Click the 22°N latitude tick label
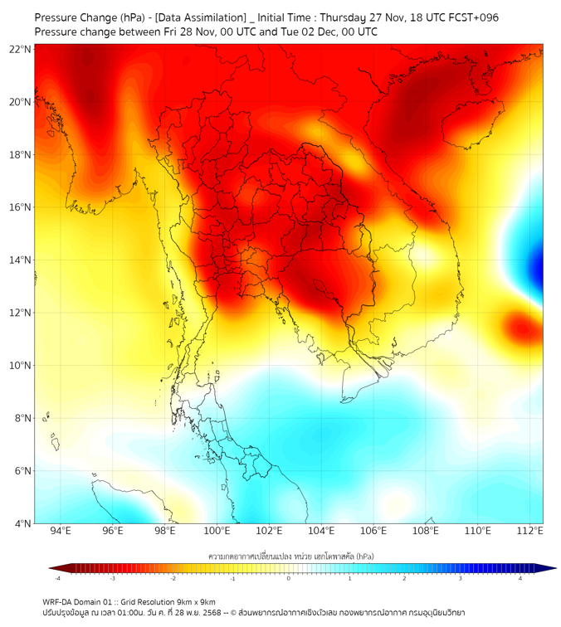pos(21,50)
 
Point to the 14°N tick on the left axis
pos(21,260)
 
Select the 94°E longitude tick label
pos(61,532)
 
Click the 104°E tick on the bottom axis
pos(321,532)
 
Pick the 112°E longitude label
pos(529,532)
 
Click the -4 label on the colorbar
pos(57,578)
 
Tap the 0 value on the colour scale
pos(289,578)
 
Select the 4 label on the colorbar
pos(520,578)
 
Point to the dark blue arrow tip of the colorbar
pos(550,568)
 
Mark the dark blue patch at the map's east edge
pos(538,267)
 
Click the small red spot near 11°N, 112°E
pos(524,325)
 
